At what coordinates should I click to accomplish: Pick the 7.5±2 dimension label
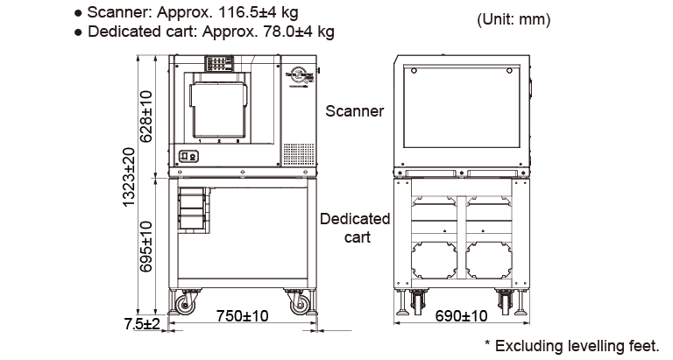coord(142,323)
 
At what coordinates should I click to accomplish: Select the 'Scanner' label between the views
coord(354,111)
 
